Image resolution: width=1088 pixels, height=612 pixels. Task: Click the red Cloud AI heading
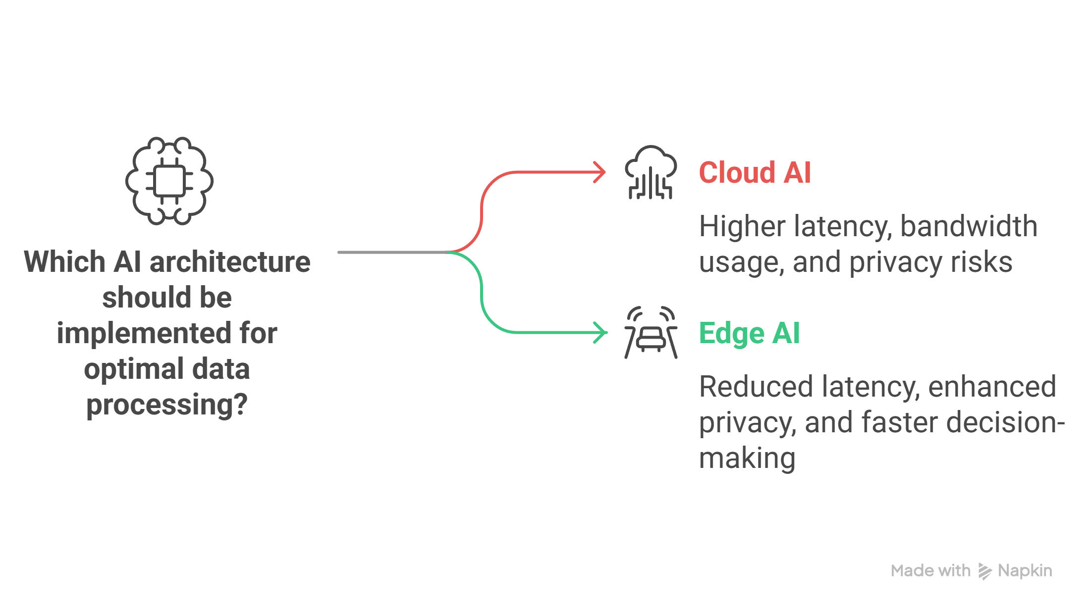pyautogui.click(x=755, y=172)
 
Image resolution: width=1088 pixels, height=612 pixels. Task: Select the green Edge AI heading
pyautogui.click(x=749, y=333)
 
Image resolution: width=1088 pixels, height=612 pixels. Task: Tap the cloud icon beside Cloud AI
pyautogui.click(x=651, y=172)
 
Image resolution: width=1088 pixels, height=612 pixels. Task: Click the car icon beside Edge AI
pyautogui.click(x=651, y=332)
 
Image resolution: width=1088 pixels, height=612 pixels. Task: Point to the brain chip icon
pyautogui.click(x=169, y=181)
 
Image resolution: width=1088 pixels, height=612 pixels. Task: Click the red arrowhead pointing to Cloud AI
pyautogui.click(x=600, y=172)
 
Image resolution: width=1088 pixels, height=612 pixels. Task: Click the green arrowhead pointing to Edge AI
pyautogui.click(x=601, y=332)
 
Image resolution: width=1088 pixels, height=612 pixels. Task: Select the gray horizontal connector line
pyautogui.click(x=393, y=252)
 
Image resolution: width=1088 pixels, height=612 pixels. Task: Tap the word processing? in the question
pyautogui.click(x=167, y=405)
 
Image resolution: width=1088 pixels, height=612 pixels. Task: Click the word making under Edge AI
pyautogui.click(x=747, y=459)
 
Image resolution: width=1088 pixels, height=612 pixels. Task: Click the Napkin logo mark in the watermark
pyautogui.click(x=984, y=571)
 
